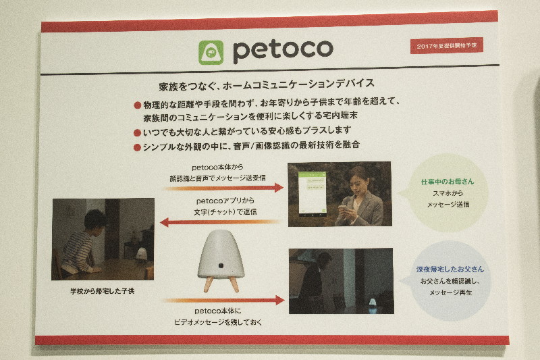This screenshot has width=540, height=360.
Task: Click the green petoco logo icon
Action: click(x=211, y=53)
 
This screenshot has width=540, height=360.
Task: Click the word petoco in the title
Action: click(x=283, y=51)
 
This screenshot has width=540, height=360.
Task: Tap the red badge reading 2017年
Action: click(x=447, y=45)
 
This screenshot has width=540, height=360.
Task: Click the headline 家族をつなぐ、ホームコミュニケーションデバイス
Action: click(x=267, y=84)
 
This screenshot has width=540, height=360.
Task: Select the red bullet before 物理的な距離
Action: click(x=138, y=105)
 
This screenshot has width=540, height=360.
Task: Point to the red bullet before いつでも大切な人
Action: click(x=138, y=132)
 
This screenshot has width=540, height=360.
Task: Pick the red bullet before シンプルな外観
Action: click(x=137, y=147)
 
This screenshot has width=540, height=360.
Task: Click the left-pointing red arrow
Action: click(x=221, y=222)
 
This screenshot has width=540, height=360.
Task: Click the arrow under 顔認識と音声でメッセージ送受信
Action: click(x=224, y=188)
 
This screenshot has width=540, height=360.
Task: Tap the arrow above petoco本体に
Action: click(x=224, y=300)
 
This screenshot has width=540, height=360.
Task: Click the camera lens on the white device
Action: click(x=221, y=265)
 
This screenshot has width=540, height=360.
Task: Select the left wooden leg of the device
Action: click(x=208, y=284)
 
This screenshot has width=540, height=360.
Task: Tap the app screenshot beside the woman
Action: click(x=312, y=194)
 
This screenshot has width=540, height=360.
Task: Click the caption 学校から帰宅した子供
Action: click(x=103, y=291)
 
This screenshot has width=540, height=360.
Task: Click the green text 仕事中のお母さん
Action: click(x=448, y=182)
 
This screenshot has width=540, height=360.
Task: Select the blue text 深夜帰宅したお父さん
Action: click(x=450, y=269)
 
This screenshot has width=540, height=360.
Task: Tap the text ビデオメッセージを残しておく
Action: click(x=218, y=322)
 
